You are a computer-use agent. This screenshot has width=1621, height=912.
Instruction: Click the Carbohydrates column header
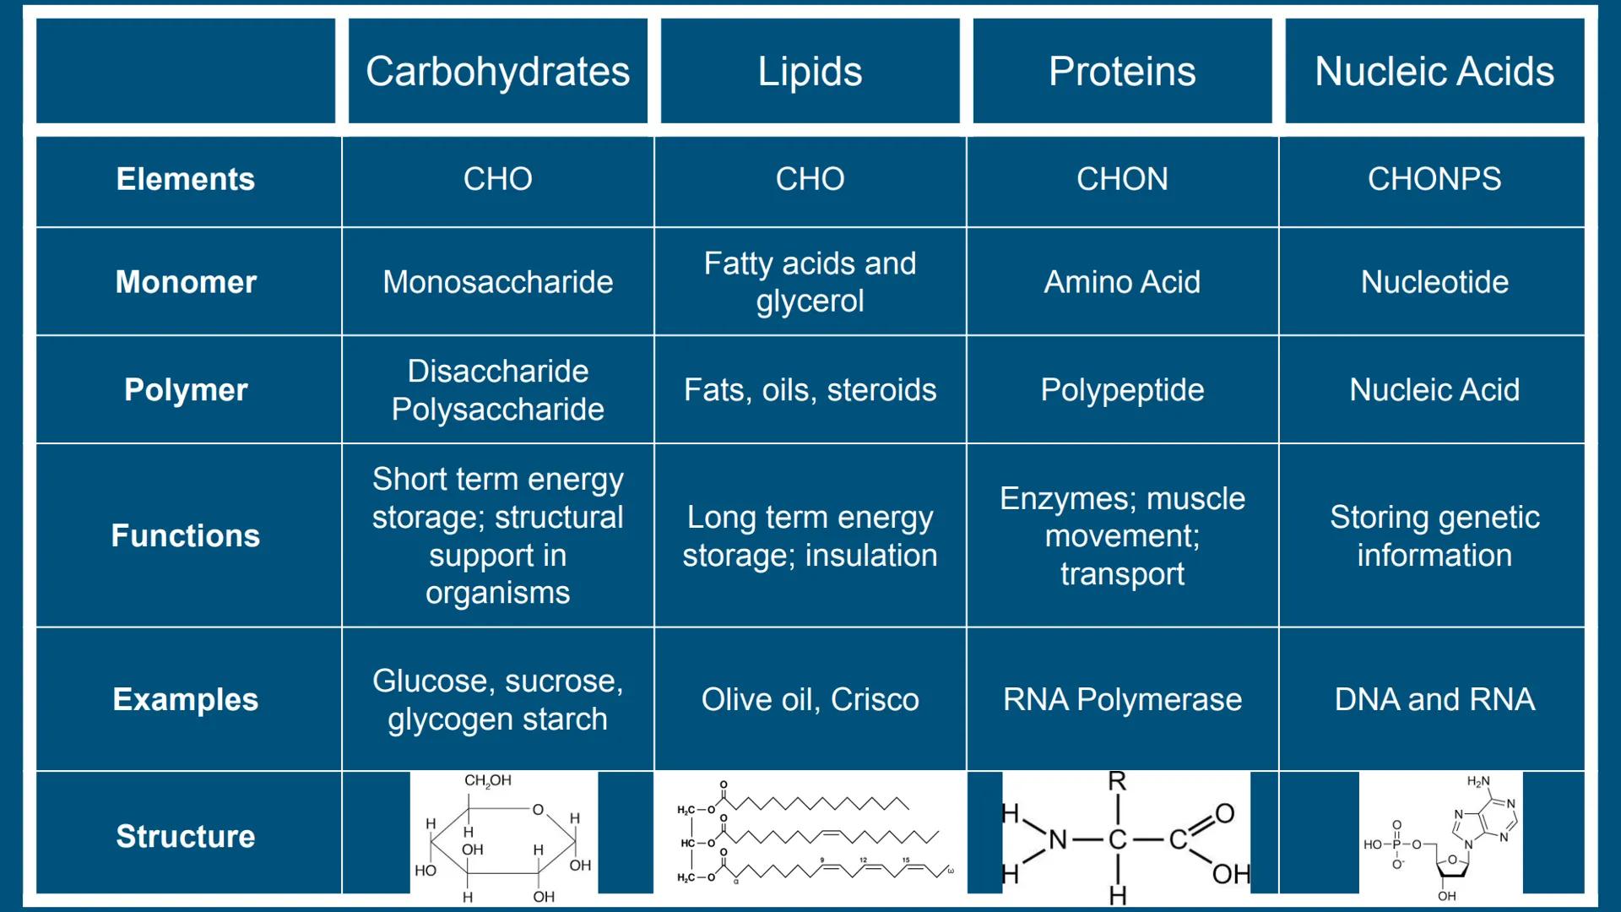[497, 72]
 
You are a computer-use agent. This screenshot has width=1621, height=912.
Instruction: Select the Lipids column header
[810, 72]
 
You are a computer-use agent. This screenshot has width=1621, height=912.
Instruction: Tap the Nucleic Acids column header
[1434, 72]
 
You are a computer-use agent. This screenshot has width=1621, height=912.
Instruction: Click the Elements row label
[186, 179]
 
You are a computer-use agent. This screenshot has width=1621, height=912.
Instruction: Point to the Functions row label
[186, 535]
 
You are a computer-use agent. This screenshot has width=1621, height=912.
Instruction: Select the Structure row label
[186, 836]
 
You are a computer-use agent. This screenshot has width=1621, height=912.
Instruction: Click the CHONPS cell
[1434, 179]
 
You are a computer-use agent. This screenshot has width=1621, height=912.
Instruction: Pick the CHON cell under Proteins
[1122, 179]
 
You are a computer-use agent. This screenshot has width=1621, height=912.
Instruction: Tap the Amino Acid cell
[1122, 282]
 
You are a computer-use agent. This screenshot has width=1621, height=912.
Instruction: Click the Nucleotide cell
[1434, 282]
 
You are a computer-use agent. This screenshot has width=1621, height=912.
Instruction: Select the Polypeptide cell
[1122, 390]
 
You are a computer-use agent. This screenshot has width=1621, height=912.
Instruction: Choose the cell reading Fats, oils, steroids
[810, 390]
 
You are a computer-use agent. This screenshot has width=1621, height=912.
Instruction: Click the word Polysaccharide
[497, 410]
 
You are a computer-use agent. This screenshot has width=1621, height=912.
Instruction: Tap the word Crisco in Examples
[875, 700]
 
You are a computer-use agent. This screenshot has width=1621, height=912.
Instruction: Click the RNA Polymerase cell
[1122, 700]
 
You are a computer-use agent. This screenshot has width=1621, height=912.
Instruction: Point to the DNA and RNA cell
[1434, 700]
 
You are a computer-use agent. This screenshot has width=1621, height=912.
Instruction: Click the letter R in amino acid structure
[1117, 781]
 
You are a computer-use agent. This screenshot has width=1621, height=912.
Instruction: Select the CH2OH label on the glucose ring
[488, 780]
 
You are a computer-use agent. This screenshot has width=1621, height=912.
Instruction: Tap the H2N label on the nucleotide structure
[1478, 782]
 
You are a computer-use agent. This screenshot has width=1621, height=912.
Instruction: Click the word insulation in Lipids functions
[871, 556]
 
